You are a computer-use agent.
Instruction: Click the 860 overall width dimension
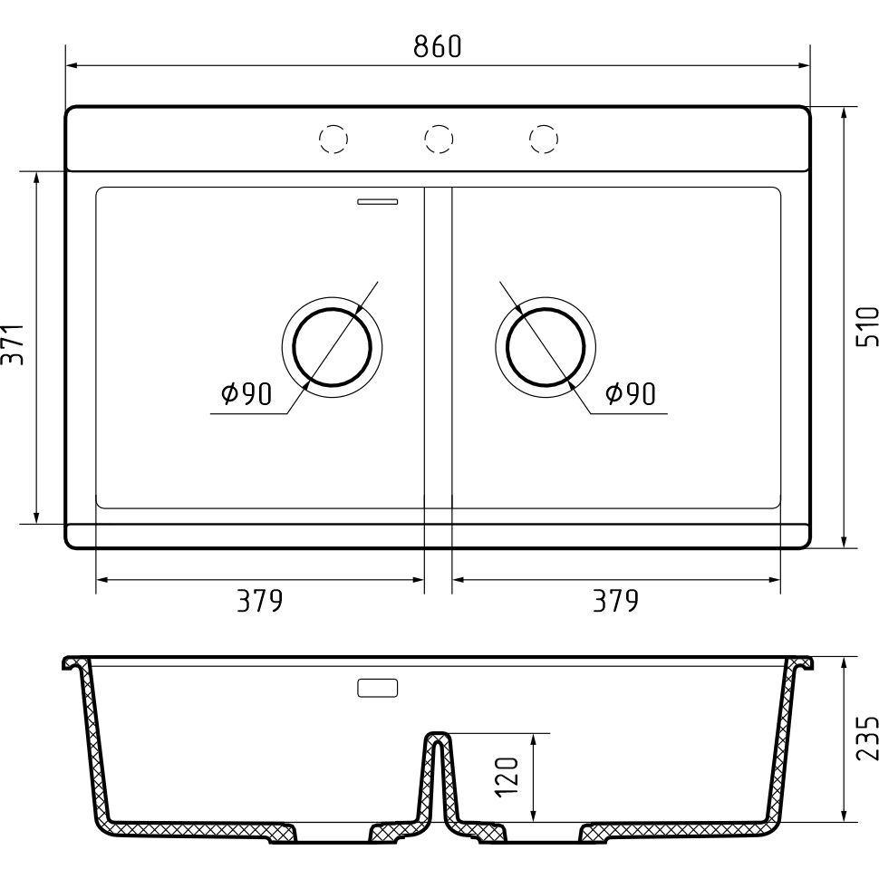click(438, 46)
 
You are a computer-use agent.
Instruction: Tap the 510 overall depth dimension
click(867, 326)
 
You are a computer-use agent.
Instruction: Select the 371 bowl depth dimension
click(13, 344)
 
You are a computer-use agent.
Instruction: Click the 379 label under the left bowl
click(259, 601)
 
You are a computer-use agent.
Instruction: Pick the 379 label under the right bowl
click(615, 601)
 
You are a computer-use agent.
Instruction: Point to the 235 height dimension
click(867, 737)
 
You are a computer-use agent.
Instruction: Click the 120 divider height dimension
click(507, 777)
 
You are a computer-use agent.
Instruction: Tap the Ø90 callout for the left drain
click(246, 394)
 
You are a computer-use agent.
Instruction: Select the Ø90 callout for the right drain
click(630, 394)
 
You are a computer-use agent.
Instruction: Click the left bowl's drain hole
click(332, 348)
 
